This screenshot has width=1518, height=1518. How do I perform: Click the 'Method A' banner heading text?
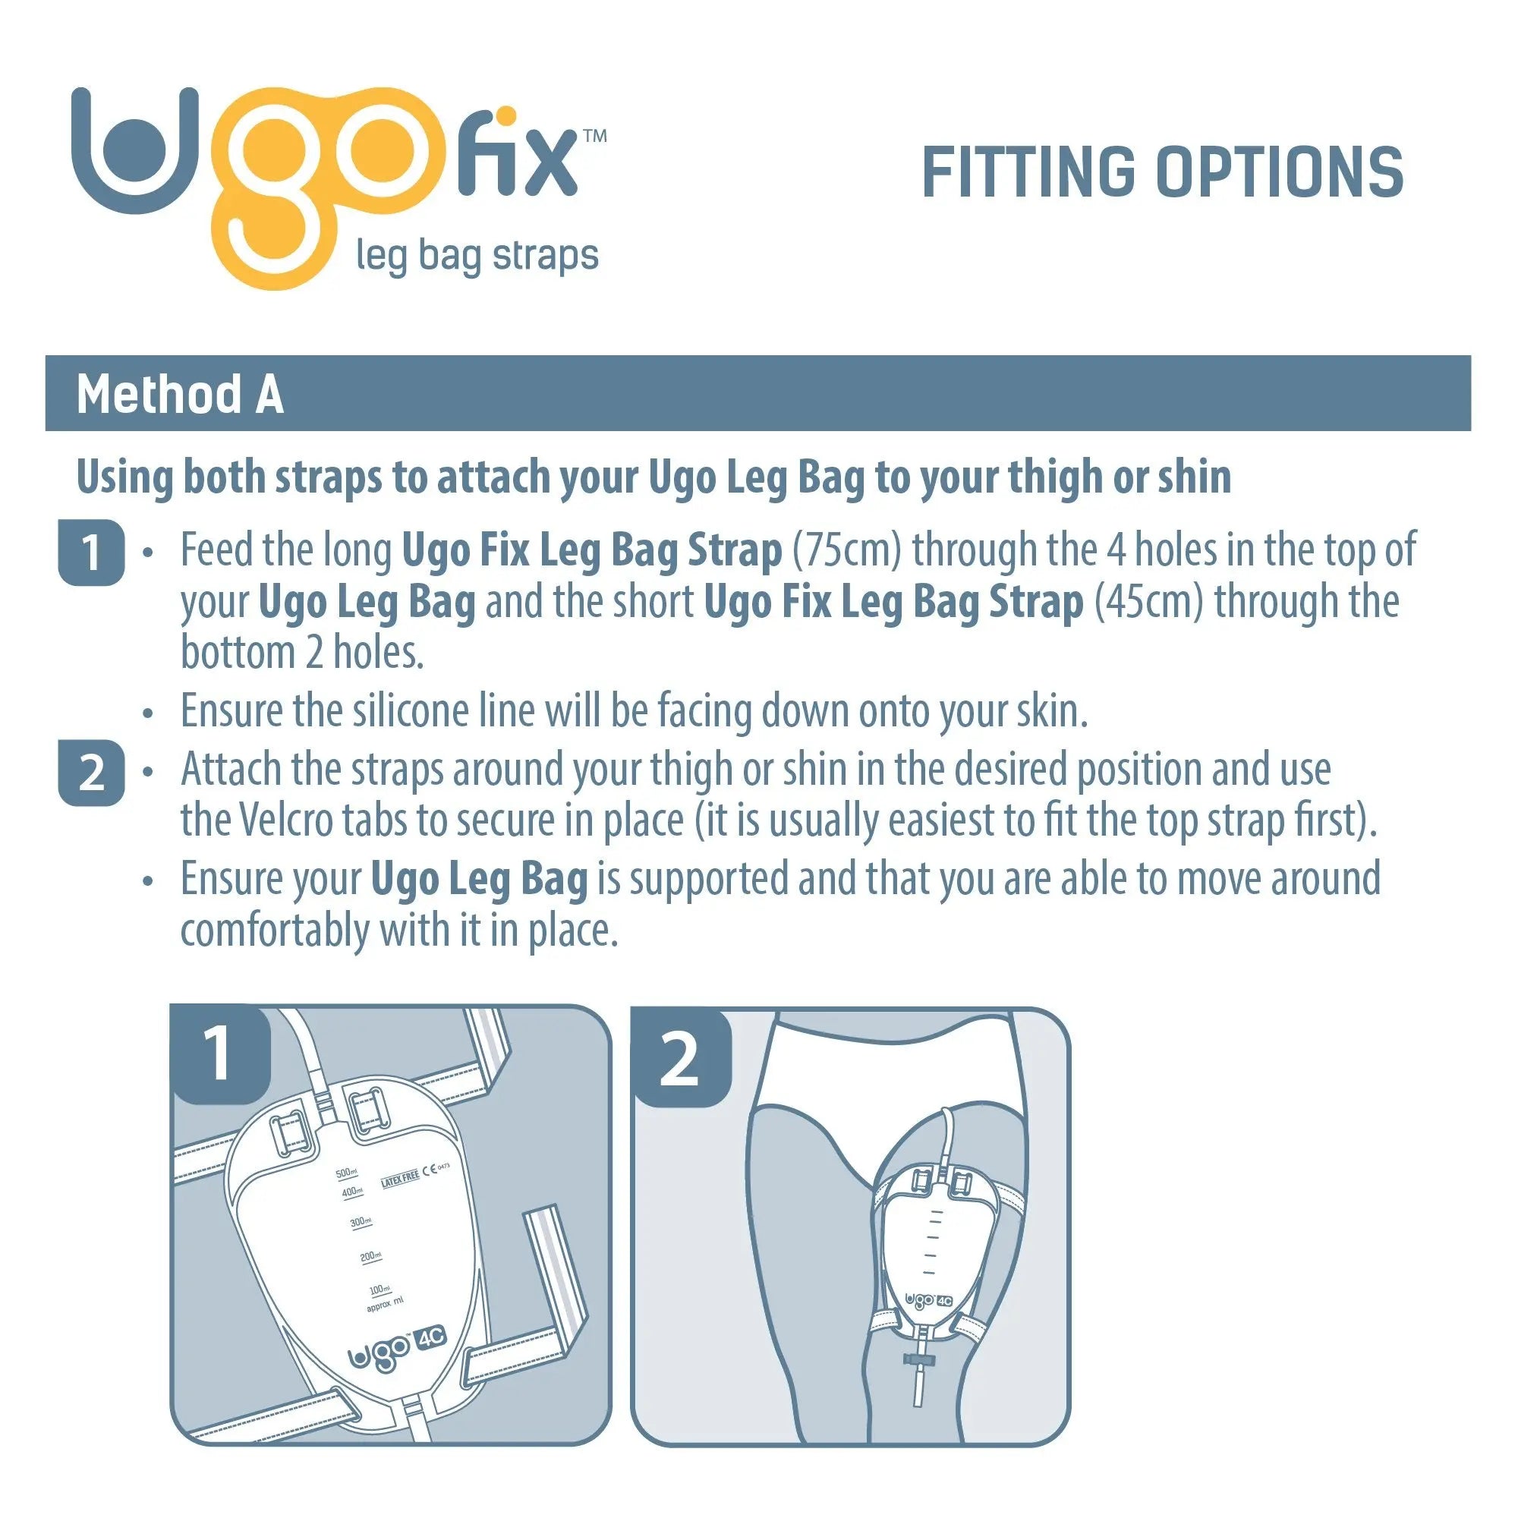[180, 394]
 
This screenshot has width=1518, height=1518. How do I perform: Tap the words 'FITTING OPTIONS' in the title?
[1163, 172]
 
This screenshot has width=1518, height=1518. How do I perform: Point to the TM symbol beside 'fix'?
[595, 136]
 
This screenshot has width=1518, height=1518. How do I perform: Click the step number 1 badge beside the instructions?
[91, 553]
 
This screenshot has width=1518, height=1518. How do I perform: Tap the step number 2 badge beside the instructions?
[91, 773]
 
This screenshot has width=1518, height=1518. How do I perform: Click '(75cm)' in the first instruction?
[847, 550]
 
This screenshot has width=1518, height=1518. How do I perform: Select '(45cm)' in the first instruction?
[1148, 602]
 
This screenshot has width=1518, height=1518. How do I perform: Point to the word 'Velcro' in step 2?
[285, 820]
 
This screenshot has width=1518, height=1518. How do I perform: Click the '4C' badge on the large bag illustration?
[431, 1337]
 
